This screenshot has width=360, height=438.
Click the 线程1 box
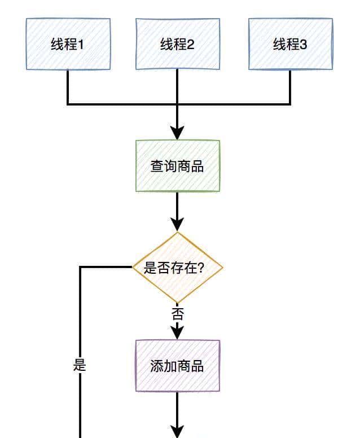(x=68, y=44)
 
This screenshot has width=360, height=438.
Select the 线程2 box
(x=177, y=44)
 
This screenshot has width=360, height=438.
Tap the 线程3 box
(x=290, y=44)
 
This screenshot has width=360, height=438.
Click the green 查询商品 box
(x=177, y=166)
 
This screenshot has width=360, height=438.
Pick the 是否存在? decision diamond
(x=177, y=268)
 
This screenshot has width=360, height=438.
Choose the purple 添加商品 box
(x=177, y=366)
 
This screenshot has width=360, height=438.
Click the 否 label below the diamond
(x=177, y=314)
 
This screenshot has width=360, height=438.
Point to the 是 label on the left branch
(x=80, y=365)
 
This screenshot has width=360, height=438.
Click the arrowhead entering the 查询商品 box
(x=177, y=133)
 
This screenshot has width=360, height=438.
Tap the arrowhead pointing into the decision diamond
(x=177, y=225)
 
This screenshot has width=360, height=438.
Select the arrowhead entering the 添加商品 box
(x=177, y=332)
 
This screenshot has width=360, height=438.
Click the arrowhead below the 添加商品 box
(x=177, y=432)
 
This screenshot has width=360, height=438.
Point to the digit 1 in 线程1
(x=80, y=45)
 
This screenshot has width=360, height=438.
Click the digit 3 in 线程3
(x=304, y=45)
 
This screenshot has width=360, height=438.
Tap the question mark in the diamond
(x=201, y=268)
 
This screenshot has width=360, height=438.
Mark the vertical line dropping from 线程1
(x=68, y=87)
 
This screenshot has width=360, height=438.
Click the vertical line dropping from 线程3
(x=290, y=87)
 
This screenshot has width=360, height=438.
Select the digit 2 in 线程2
(x=191, y=45)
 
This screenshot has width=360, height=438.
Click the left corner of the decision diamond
(x=134, y=268)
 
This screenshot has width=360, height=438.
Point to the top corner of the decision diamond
(x=177, y=233)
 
